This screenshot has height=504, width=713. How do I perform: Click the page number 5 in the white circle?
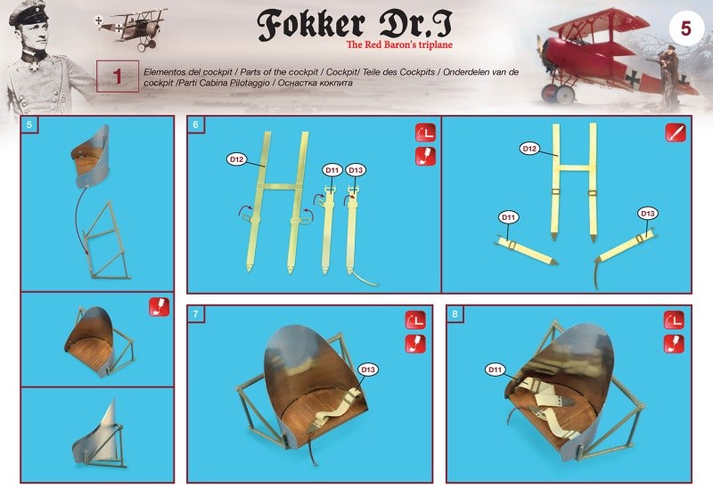pyautogui.click(x=685, y=28)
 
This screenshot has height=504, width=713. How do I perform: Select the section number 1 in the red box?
pyautogui.click(x=118, y=77)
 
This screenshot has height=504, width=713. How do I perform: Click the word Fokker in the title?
pyautogui.click(x=311, y=24)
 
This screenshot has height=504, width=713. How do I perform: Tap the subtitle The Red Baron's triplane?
pyautogui.click(x=399, y=45)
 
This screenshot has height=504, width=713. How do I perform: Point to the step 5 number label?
pyautogui.click(x=29, y=125)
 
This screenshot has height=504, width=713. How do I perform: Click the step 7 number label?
pyautogui.click(x=195, y=313)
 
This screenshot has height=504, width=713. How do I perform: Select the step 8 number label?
pyautogui.click(x=455, y=313)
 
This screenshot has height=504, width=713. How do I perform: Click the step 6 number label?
pyautogui.click(x=195, y=125)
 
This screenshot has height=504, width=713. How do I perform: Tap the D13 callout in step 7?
pyautogui.click(x=368, y=370)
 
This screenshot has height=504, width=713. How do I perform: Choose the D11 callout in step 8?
pyautogui.click(x=495, y=370)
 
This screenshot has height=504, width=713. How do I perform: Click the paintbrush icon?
pyautogui.click(x=676, y=133)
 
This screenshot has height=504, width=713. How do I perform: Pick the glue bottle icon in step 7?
pyautogui.click(x=415, y=344)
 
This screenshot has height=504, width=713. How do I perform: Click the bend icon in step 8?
pyautogui.click(x=674, y=321)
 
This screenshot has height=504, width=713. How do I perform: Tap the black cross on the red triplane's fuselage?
pyautogui.click(x=633, y=78)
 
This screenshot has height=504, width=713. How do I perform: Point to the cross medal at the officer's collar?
pyautogui.click(x=33, y=68)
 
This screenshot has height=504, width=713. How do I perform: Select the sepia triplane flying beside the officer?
pyautogui.click(x=131, y=28)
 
